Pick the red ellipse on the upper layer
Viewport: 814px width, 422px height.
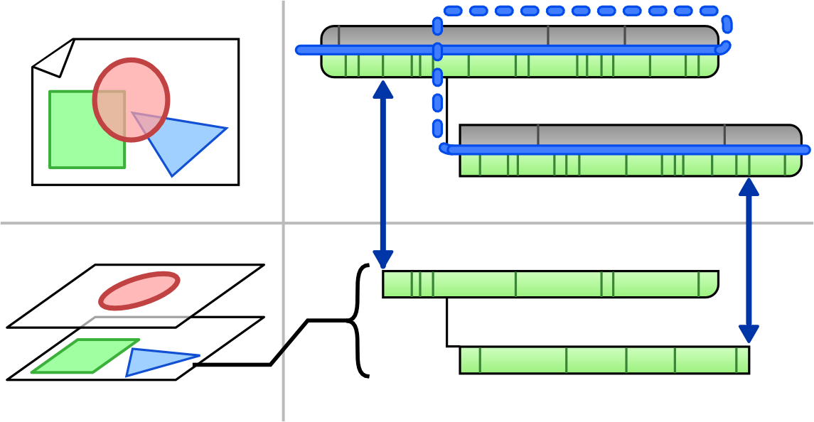tap(139, 291)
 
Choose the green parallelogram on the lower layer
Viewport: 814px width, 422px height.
tap(82, 356)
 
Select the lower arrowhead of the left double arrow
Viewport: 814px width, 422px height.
tap(383, 260)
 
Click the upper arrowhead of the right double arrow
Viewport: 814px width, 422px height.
tap(749, 187)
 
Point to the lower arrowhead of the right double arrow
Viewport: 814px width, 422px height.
tap(749, 334)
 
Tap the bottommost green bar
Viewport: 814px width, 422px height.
tap(604, 360)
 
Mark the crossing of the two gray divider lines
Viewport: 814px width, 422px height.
tap(283, 223)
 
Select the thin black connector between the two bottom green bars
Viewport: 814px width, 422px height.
tap(448, 323)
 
